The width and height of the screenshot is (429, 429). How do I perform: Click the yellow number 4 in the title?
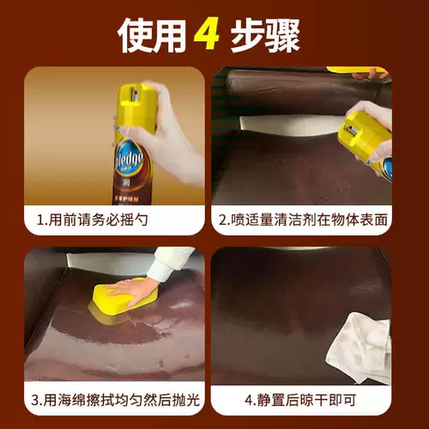tap(207, 33)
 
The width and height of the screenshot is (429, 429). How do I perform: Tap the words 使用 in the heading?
tap(151, 36)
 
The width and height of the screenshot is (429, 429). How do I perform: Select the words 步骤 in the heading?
tap(266, 36)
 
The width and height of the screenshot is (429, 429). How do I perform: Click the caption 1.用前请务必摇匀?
tap(93, 220)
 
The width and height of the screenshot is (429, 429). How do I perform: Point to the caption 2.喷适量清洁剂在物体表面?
tap(303, 220)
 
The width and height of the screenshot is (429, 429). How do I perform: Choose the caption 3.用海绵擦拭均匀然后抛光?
tap(115, 400)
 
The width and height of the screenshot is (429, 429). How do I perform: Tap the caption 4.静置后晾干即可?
tap(300, 400)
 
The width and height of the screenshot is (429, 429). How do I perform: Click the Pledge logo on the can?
tap(130, 160)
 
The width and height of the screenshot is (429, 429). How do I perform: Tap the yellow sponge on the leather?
tap(123, 299)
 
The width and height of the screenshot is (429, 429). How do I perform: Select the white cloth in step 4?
tap(360, 347)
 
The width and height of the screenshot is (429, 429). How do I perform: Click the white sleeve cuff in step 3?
tap(167, 263)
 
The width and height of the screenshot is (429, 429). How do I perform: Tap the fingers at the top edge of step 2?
tap(372, 74)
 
